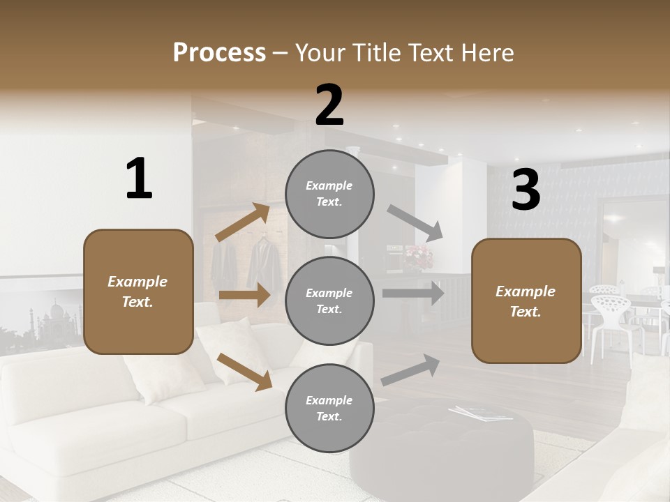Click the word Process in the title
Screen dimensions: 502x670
[x=219, y=52]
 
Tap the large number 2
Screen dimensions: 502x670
[x=329, y=105]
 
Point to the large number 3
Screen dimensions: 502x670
[x=526, y=190]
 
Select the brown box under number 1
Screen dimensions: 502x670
[x=138, y=291]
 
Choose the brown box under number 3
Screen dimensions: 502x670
[x=526, y=301]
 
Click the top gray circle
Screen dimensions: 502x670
[x=329, y=194]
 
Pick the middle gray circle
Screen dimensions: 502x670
[x=329, y=301]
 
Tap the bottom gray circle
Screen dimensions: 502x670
[x=329, y=408]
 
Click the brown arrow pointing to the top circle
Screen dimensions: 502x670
[x=243, y=222]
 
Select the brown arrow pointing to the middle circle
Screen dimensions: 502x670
[x=244, y=295]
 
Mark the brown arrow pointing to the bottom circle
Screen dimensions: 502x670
[x=244, y=372]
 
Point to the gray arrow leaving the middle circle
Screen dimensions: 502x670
[x=412, y=294]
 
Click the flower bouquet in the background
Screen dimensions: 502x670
[x=418, y=256]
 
